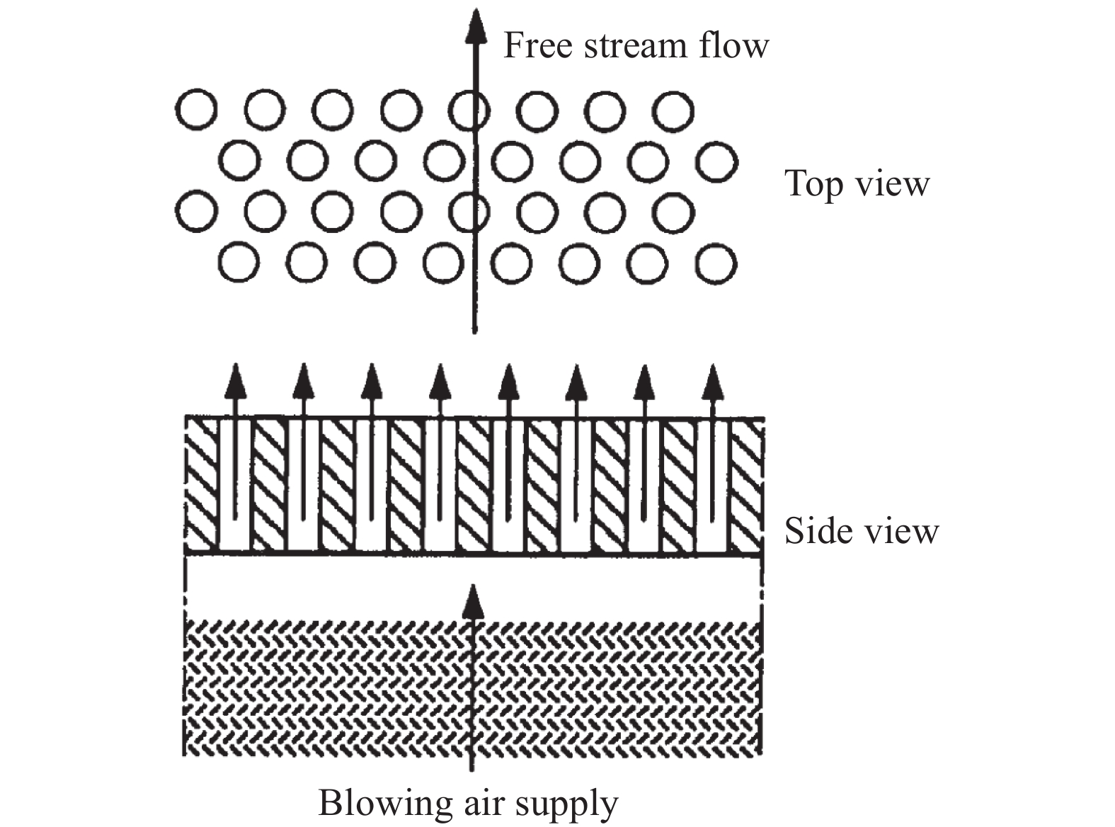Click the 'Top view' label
[857, 183]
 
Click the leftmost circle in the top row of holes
[195, 110]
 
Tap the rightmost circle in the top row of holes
[673, 110]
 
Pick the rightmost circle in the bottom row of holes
[716, 263]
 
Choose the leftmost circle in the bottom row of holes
[239, 263]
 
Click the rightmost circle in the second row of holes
[716, 161]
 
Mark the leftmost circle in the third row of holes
[195, 211]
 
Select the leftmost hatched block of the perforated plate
[202, 485]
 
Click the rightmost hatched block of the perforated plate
[747, 485]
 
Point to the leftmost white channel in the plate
[235, 485]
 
